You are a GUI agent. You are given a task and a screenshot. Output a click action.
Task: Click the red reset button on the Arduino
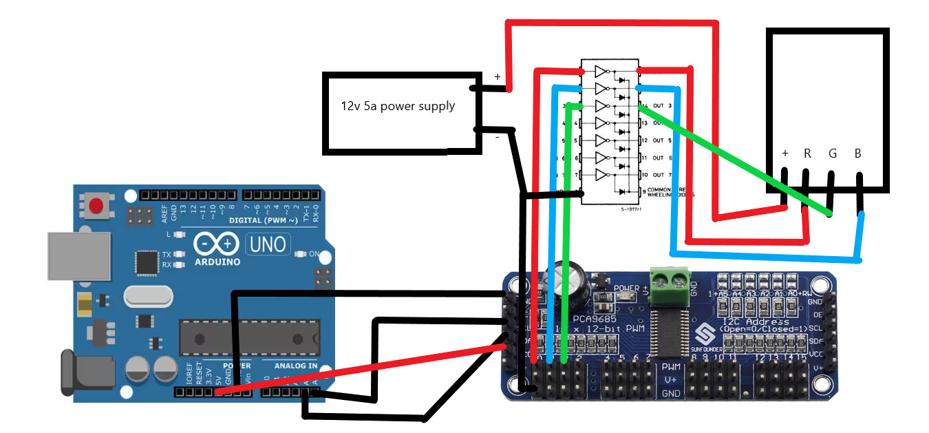pyautogui.click(x=96, y=205)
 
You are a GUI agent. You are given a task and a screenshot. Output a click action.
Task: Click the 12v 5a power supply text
pyautogui.click(x=398, y=107)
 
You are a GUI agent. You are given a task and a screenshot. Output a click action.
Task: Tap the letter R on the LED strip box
pyautogui.click(x=808, y=154)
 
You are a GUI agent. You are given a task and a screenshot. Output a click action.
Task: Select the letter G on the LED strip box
pyautogui.click(x=833, y=154)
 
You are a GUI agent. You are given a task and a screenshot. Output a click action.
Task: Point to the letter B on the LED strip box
pyautogui.click(x=857, y=154)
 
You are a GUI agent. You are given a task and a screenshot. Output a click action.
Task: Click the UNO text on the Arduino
pyautogui.click(x=268, y=244)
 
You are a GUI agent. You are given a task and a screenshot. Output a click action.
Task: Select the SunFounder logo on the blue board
pyautogui.click(x=704, y=335)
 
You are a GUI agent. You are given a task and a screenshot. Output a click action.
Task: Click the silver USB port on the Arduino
pyautogui.click(x=78, y=256)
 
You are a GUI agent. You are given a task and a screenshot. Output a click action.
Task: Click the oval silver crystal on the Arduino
pyautogui.click(x=148, y=297)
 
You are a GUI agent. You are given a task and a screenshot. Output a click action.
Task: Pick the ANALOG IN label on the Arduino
pyautogui.click(x=296, y=366)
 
